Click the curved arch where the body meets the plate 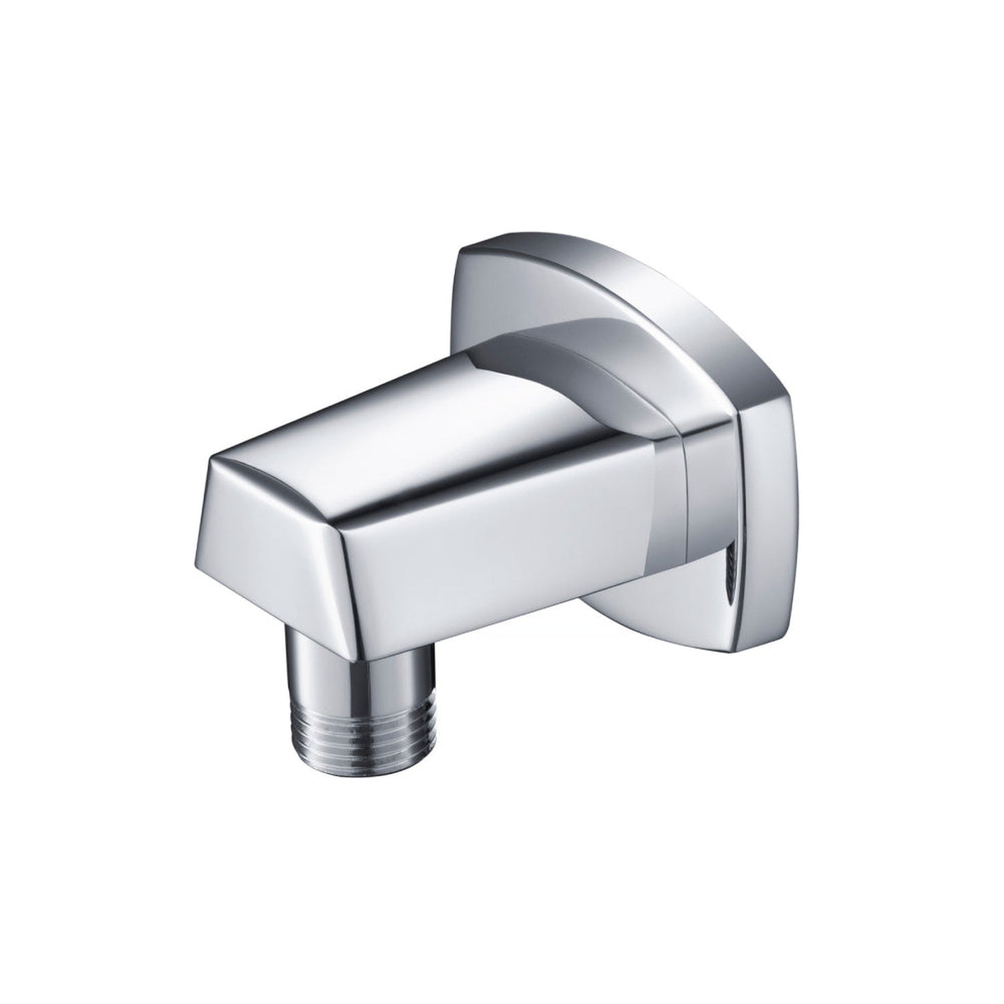point(591,347)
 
